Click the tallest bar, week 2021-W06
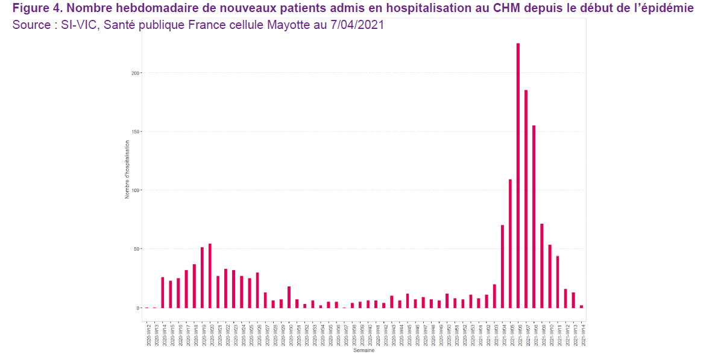click(518, 175)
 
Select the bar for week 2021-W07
click(526, 199)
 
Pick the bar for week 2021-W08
click(534, 216)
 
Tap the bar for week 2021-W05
click(510, 244)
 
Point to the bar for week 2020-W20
click(210, 276)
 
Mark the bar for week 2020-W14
click(163, 292)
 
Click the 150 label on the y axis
click(136, 131)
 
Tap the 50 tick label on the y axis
click(137, 249)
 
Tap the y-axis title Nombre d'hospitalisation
click(127, 169)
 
